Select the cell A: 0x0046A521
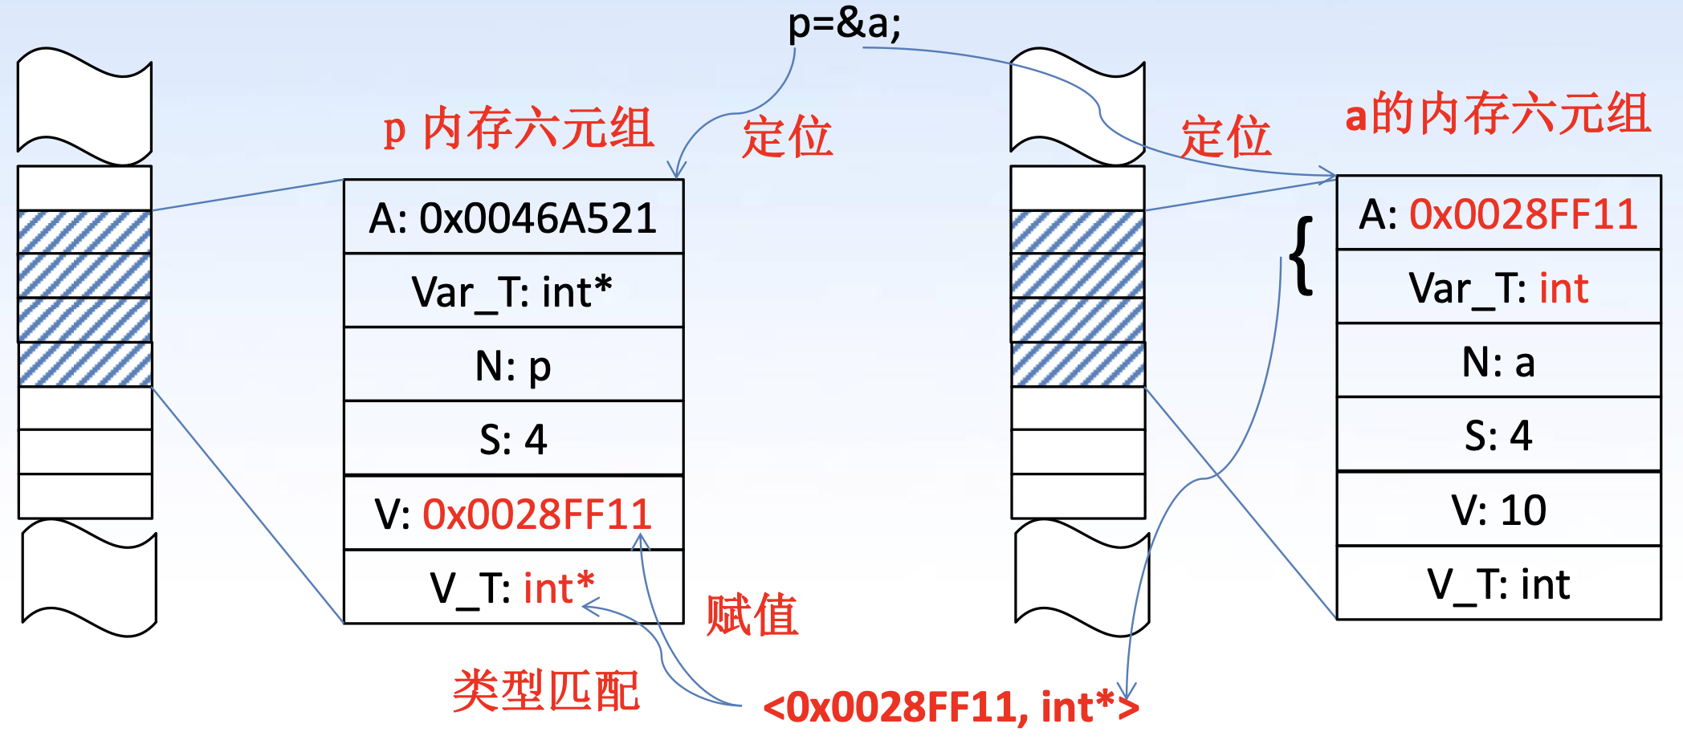(x=513, y=218)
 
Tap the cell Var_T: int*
(x=513, y=291)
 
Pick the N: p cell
(x=513, y=365)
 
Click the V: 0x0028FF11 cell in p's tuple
(x=513, y=514)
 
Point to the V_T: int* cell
(x=513, y=588)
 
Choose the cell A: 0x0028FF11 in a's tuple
(x=1498, y=214)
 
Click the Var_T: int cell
(x=1498, y=288)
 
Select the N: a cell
(x=1498, y=362)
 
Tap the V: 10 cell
(x=1498, y=510)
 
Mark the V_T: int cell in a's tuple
(x=1498, y=583)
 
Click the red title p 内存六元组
(x=519, y=129)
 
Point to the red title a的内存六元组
(x=1498, y=113)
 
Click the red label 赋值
(x=752, y=615)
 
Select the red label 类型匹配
(x=546, y=690)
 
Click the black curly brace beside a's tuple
(x=1302, y=255)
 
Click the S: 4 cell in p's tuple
(x=513, y=439)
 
